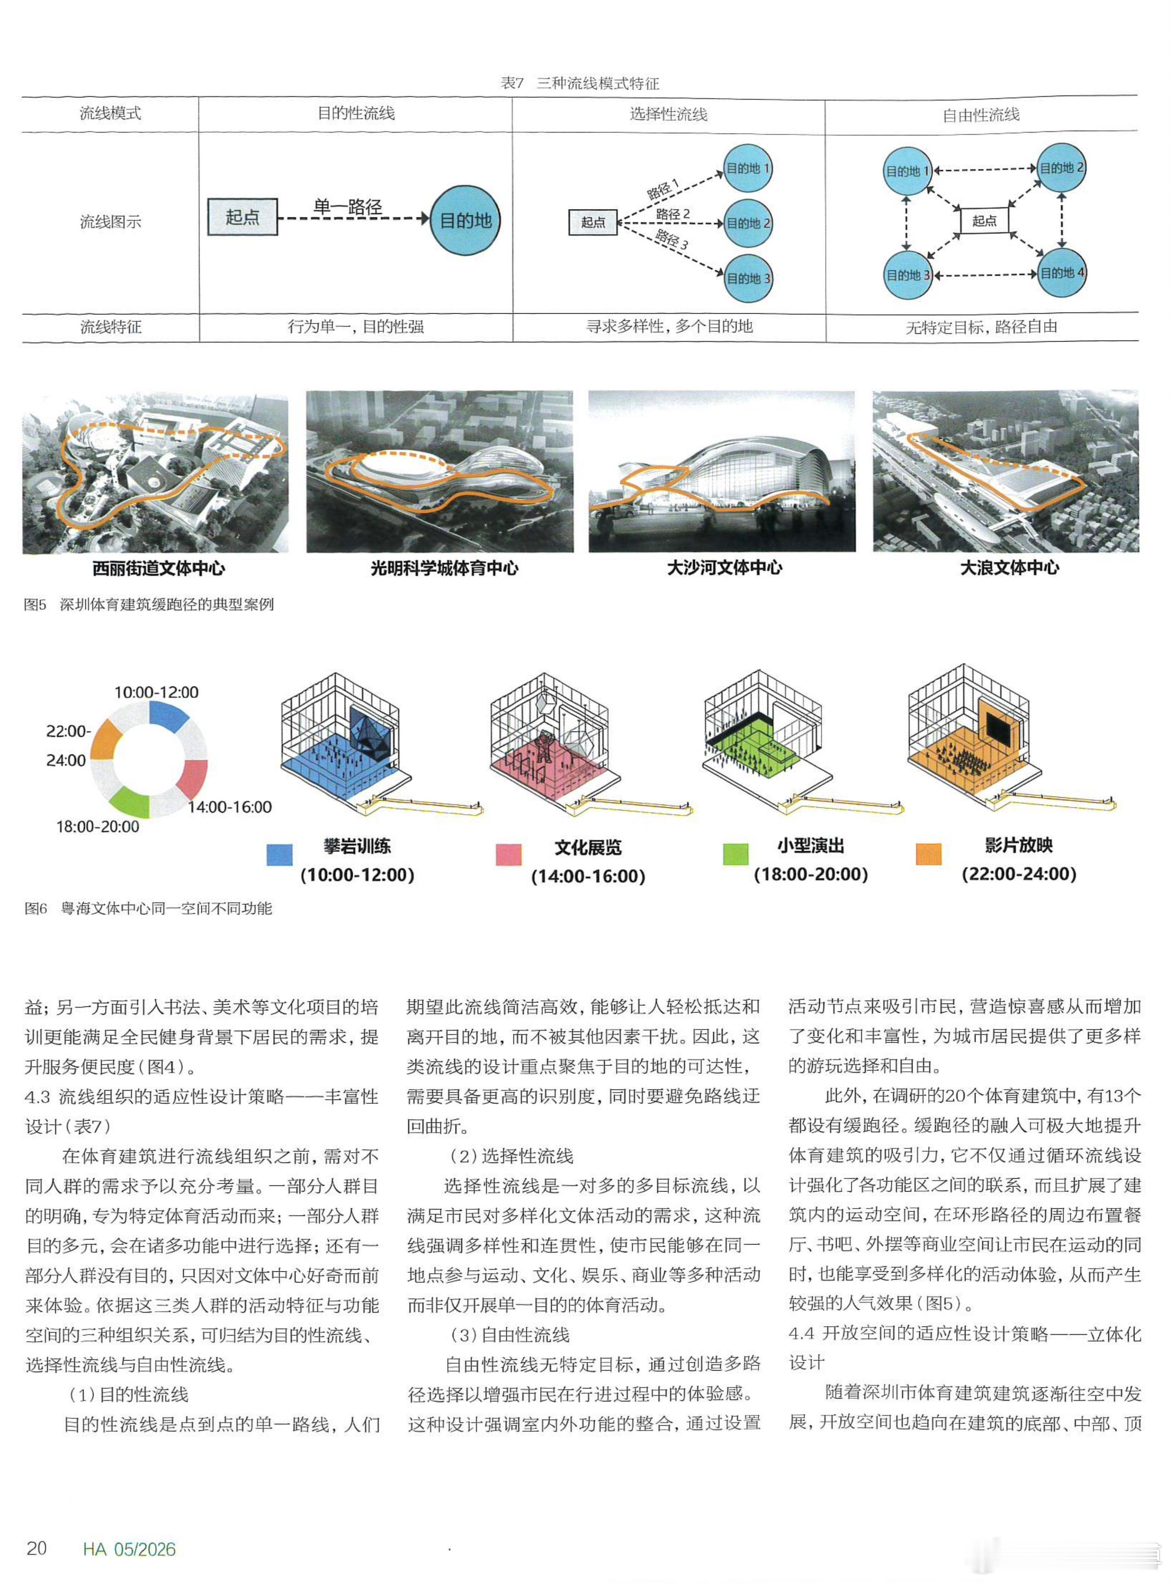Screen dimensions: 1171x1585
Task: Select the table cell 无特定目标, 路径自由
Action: tap(982, 327)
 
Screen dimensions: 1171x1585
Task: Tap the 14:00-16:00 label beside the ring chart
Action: tap(230, 807)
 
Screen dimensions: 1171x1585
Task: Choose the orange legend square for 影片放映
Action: tap(929, 854)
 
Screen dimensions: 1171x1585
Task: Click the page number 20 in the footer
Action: tap(37, 1548)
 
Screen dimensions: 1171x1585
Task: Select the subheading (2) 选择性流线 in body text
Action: tap(512, 1156)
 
